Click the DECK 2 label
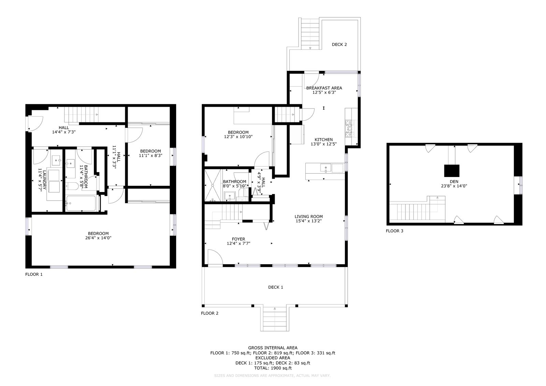(x=339, y=45)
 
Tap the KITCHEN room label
(x=324, y=139)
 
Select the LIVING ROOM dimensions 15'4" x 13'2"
(x=308, y=221)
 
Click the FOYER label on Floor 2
(x=239, y=239)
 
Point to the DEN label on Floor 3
(x=454, y=181)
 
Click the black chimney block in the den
(x=452, y=171)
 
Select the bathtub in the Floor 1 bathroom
(x=81, y=203)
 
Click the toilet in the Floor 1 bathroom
(x=72, y=186)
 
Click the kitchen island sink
(x=326, y=168)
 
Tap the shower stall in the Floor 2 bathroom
(x=213, y=185)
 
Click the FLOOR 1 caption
(x=34, y=274)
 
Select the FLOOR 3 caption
(x=394, y=231)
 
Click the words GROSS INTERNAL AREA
(x=273, y=348)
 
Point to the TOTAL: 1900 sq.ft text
(x=273, y=368)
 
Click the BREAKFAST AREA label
(x=324, y=88)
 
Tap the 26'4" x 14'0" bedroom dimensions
(x=98, y=238)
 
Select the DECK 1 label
(x=275, y=287)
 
